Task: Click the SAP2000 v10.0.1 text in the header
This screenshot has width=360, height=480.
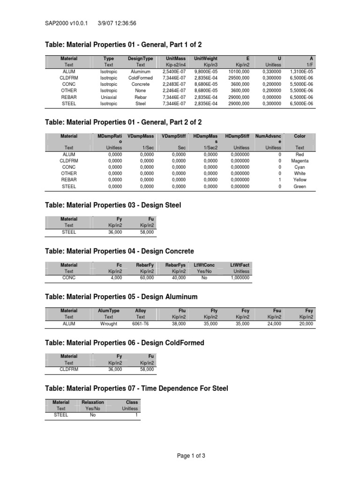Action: [x=67, y=22]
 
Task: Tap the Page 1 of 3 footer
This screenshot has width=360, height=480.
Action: [x=190, y=455]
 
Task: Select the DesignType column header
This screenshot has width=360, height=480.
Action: [x=141, y=58]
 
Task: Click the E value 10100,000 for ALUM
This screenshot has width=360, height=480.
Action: [x=239, y=71]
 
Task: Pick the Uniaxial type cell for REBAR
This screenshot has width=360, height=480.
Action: [x=109, y=97]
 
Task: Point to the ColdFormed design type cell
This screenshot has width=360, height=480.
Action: [x=141, y=78]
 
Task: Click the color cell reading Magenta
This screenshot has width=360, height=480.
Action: [x=300, y=160]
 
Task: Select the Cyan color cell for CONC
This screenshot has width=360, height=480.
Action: [x=300, y=167]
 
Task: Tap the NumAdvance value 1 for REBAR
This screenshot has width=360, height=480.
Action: [x=279, y=180]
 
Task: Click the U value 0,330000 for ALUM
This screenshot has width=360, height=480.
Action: [x=272, y=71]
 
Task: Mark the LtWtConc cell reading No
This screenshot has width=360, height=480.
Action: [x=204, y=277]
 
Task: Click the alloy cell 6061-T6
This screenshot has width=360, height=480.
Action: [x=141, y=323]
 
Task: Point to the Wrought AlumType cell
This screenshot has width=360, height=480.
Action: [x=109, y=323]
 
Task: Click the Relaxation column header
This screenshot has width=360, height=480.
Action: [x=93, y=402]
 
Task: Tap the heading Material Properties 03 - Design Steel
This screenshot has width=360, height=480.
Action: [x=113, y=205]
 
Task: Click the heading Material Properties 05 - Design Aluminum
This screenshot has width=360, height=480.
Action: [x=121, y=297]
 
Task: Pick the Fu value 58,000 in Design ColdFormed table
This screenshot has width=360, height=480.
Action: [x=146, y=369]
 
